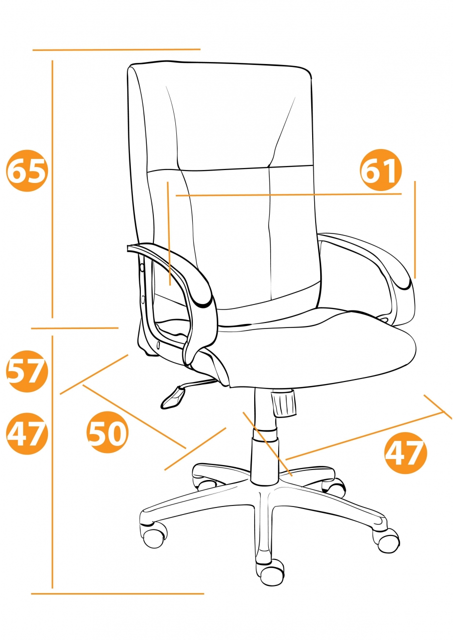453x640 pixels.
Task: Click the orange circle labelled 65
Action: [27, 170]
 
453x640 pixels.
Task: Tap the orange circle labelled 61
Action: [381, 170]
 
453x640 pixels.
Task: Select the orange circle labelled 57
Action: [27, 371]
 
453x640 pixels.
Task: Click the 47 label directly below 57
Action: [27, 433]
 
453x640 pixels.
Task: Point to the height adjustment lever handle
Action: [173, 397]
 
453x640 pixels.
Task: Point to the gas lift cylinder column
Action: [265, 439]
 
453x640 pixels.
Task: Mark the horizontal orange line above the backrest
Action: [116, 49]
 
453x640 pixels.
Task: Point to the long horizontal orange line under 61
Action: [289, 195]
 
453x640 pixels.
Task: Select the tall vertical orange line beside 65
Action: [52, 189]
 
